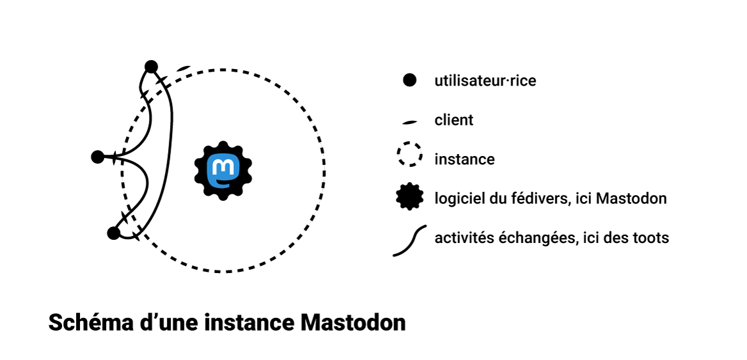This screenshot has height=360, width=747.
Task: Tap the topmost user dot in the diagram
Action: pos(151,67)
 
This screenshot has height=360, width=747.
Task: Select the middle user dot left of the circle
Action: pos(98,156)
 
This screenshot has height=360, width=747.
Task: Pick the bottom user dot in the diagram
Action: pos(114,233)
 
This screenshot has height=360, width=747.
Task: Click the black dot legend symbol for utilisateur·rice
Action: pos(409,81)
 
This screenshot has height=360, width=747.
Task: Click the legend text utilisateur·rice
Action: pos(485,81)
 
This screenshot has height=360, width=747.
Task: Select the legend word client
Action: pos(454,120)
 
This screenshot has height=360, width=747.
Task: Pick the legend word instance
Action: pos(464,159)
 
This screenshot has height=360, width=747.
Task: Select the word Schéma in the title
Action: pos(86,322)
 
